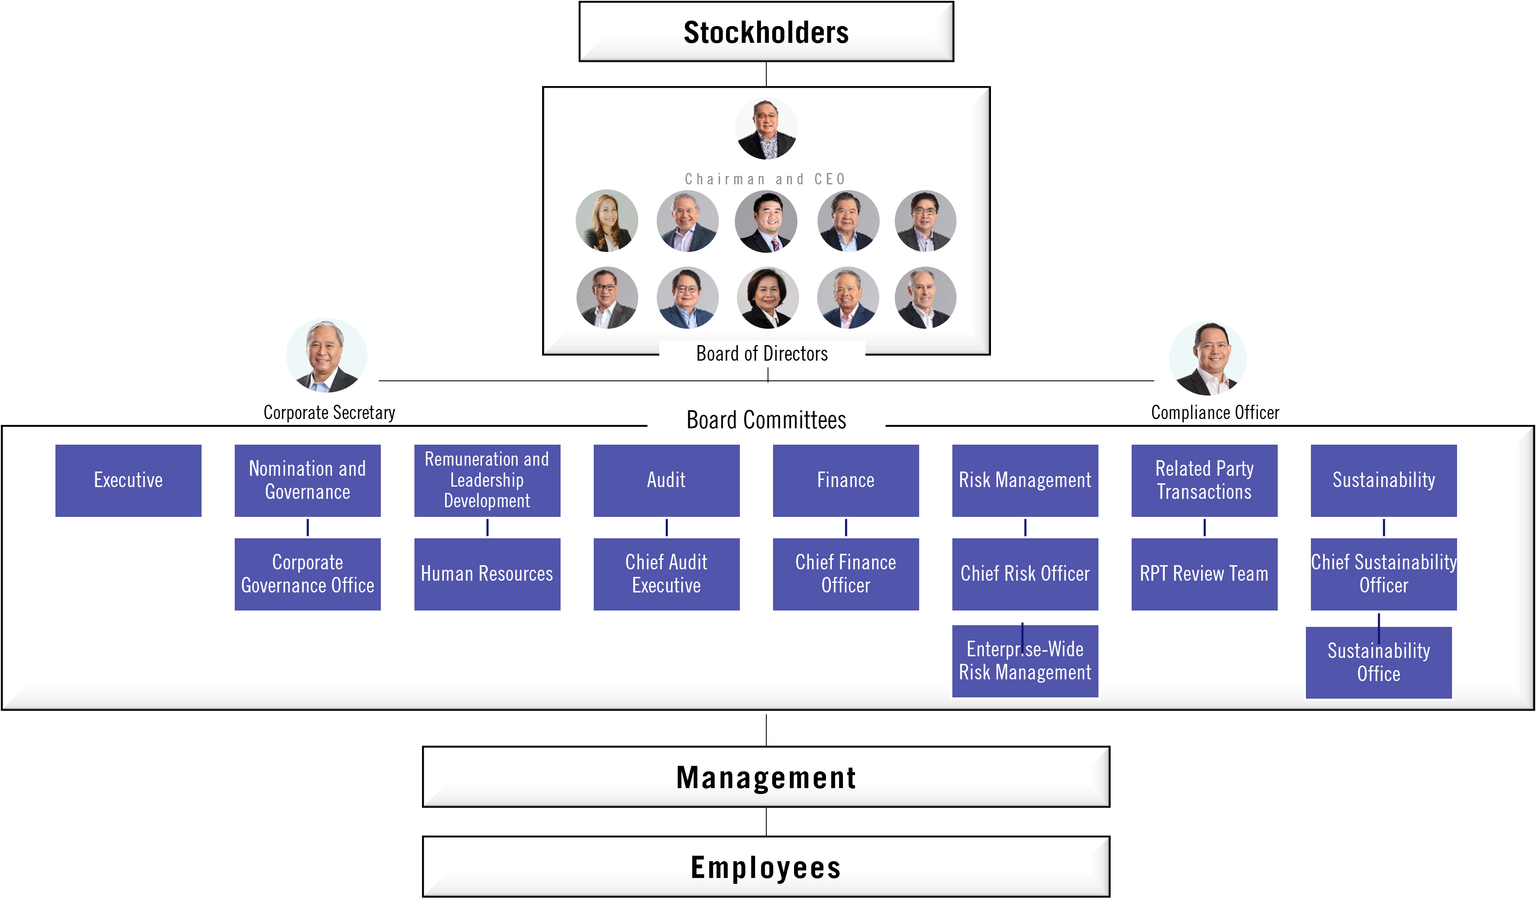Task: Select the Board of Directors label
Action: tap(762, 354)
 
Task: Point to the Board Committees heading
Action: tap(766, 420)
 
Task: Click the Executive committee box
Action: tap(128, 480)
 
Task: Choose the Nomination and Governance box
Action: tap(307, 480)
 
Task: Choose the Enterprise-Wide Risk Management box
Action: tap(1025, 661)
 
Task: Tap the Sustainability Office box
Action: tap(1378, 663)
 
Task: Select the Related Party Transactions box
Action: tap(1204, 480)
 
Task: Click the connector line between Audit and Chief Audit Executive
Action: tap(667, 527)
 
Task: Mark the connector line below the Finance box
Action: tap(846, 527)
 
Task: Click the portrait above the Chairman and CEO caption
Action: tap(766, 128)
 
